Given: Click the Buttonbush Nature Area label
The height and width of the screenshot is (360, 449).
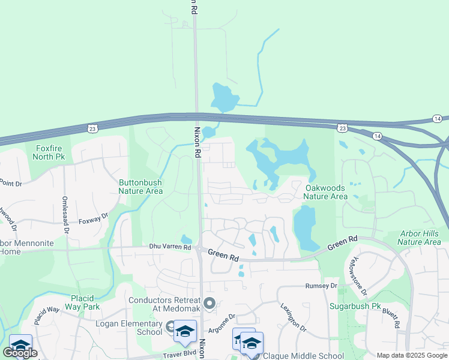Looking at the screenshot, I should click(140, 187).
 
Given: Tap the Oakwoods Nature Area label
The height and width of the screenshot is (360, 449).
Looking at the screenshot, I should click(325, 192).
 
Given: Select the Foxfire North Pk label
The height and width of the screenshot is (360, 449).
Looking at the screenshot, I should click(49, 152).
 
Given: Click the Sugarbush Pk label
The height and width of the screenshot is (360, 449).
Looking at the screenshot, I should click(355, 306).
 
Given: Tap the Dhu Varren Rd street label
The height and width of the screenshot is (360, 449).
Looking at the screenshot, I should click(170, 247).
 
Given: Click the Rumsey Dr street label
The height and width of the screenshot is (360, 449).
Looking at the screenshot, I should click(318, 286).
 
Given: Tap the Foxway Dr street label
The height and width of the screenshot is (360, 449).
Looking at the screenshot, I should click(93, 217).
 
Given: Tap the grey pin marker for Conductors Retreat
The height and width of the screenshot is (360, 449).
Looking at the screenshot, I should click(209, 304).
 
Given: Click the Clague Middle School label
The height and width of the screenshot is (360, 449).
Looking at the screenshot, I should click(304, 356).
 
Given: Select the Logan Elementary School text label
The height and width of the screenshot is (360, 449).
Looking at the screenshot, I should click(129, 328).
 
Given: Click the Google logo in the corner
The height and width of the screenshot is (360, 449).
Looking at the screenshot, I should click(20, 353).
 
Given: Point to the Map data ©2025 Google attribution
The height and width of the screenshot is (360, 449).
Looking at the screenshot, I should click(411, 355).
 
